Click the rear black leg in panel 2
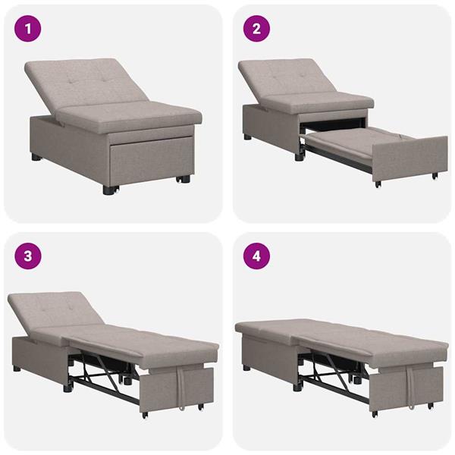coord(248,137)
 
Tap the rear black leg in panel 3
coord(17,369)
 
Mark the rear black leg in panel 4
coord(246,368)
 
